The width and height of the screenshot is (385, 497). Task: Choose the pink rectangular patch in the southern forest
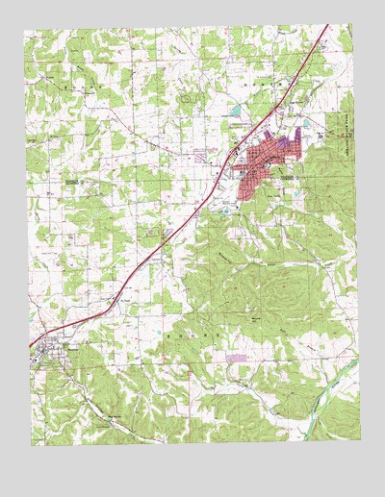[235, 356]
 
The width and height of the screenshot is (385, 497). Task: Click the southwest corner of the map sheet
[32, 445]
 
